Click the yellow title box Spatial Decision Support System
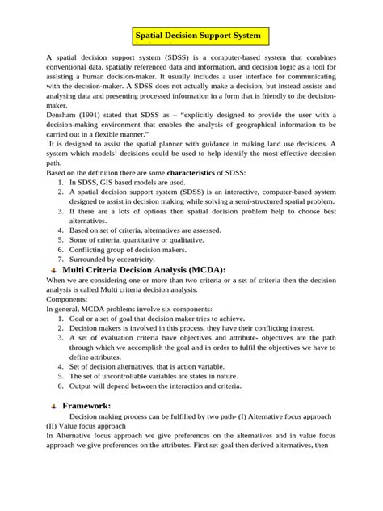tap(197, 36)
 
